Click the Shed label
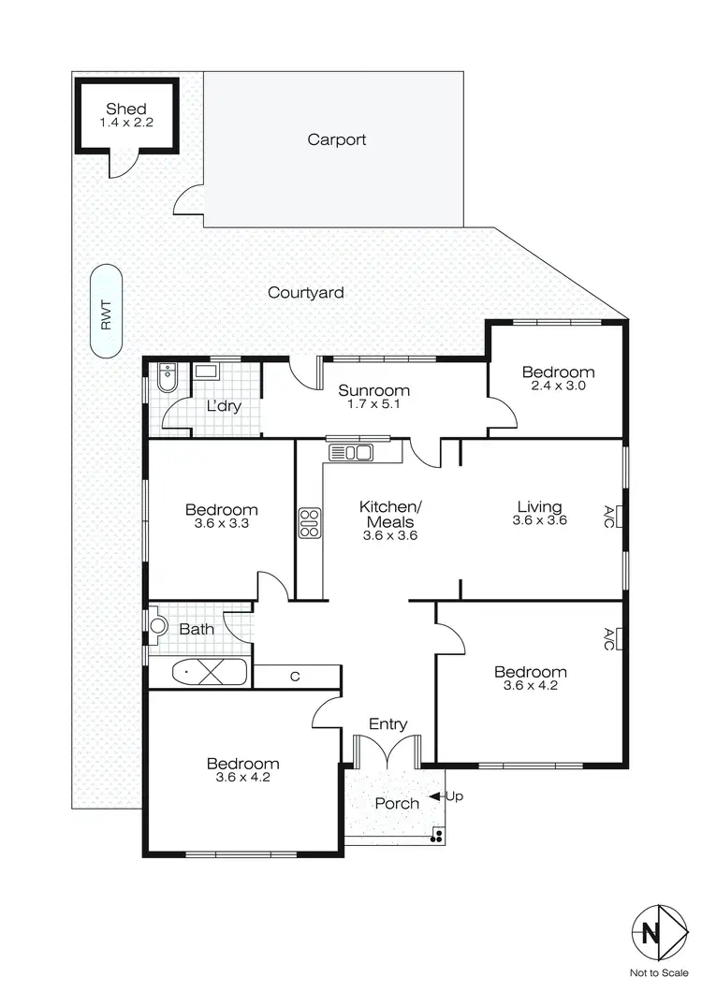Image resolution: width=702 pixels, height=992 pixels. [x=126, y=109]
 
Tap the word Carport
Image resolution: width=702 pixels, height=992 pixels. [x=337, y=140]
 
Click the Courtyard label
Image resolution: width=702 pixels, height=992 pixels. [x=305, y=293]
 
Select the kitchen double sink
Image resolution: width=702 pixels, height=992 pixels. [x=351, y=453]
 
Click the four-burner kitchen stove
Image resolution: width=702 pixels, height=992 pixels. [x=309, y=522]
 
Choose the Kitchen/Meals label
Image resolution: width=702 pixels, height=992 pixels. [x=390, y=514]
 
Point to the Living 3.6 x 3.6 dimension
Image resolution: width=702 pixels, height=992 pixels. [x=539, y=521]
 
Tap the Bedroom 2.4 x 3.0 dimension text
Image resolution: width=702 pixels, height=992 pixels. [x=558, y=385]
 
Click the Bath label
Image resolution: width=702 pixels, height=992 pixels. [x=196, y=629]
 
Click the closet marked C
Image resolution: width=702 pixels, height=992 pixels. [x=295, y=676]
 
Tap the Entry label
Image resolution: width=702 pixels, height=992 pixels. [x=388, y=723]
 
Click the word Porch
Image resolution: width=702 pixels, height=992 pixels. [x=397, y=803]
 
